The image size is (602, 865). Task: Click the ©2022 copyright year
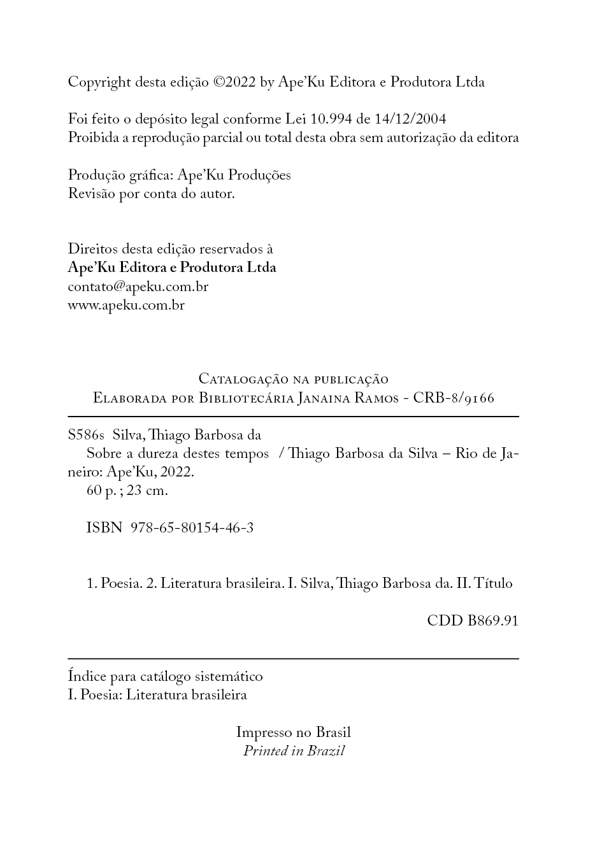pyautogui.click(x=234, y=82)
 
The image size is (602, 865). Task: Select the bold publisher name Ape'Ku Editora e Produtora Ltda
pyautogui.click(x=172, y=268)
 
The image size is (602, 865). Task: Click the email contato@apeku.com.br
pyautogui.click(x=138, y=287)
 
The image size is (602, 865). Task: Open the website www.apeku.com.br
pyautogui.click(x=126, y=305)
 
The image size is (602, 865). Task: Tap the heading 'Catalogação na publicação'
pyautogui.click(x=294, y=379)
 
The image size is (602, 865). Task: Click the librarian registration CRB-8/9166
pyautogui.click(x=454, y=398)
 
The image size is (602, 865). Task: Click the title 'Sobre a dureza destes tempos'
pyautogui.click(x=178, y=454)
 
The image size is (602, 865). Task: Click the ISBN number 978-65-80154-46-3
pyautogui.click(x=192, y=528)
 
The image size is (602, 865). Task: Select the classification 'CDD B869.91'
pyautogui.click(x=473, y=620)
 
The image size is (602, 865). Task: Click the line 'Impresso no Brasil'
pyautogui.click(x=293, y=733)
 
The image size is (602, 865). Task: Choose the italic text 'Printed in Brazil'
pyautogui.click(x=294, y=751)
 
